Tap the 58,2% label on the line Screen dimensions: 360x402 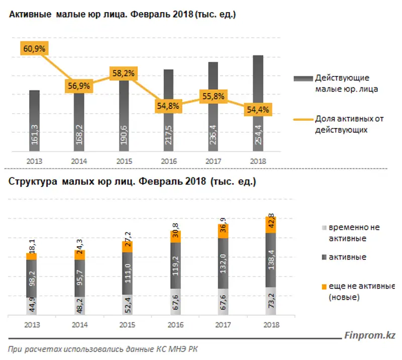(x=123, y=73)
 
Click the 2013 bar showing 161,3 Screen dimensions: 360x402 (x=34, y=121)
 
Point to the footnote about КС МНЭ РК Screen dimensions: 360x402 (x=107, y=349)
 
